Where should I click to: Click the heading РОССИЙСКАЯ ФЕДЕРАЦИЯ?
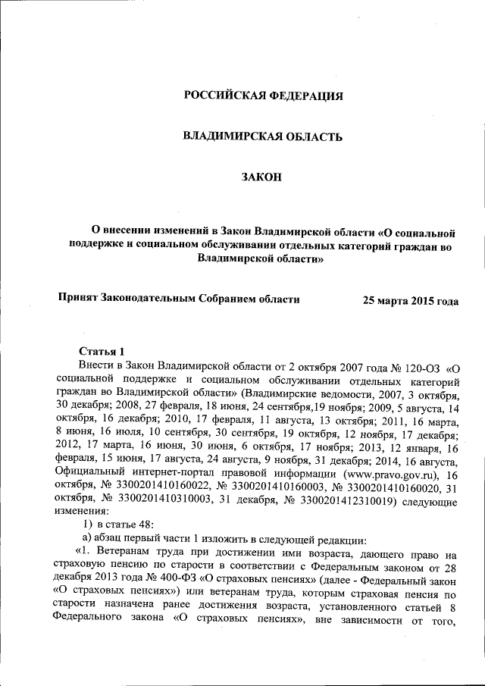pos(264,96)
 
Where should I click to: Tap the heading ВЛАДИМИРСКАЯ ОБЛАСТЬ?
pos(264,136)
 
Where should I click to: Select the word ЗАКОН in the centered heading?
pos(261,177)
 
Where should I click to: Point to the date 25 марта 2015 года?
pos(411,301)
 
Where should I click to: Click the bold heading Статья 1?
pos(101,352)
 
